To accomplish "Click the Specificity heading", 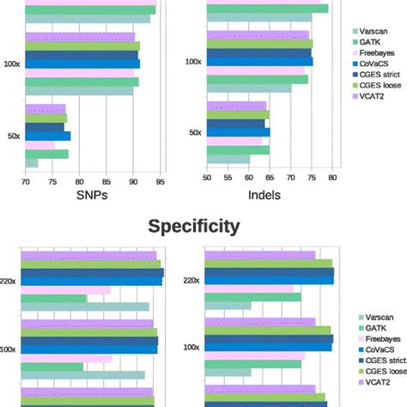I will [x=193, y=226].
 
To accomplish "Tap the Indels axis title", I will [x=264, y=195].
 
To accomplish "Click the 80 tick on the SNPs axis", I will [x=79, y=179].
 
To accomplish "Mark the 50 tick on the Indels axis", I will [x=207, y=179].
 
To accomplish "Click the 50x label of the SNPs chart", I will [x=12, y=135].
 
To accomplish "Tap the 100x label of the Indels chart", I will [x=194, y=62].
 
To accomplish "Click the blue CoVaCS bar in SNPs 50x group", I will [x=47, y=136].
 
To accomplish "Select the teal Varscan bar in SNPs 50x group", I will [x=32, y=163].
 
